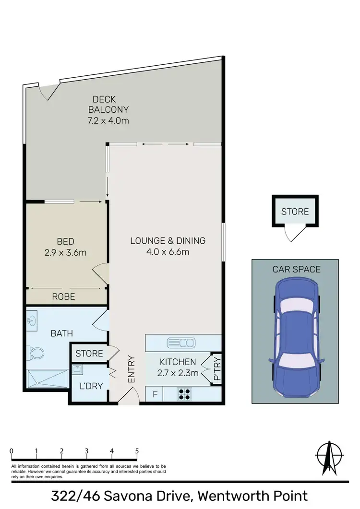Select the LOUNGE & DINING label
(x=168, y=241)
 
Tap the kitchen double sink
(x=181, y=343)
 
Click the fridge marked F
(x=155, y=394)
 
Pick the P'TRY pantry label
(x=217, y=368)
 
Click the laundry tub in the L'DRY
(x=77, y=369)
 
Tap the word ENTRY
(x=131, y=369)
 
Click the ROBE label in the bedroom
(x=63, y=296)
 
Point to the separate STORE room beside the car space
(x=295, y=212)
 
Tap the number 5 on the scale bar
(x=137, y=451)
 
